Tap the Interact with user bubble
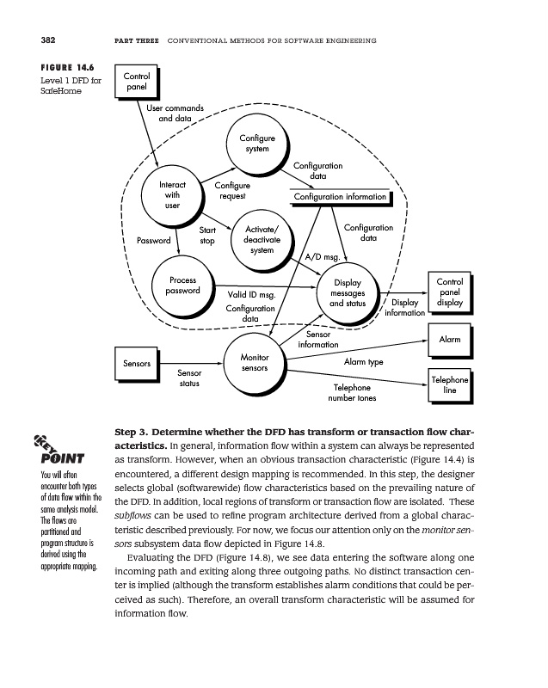click(172, 194)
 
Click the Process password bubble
click(182, 286)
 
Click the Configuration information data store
click(341, 197)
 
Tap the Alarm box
click(450, 340)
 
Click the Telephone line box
click(450, 385)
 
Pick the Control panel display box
click(450, 292)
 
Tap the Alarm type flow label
click(363, 362)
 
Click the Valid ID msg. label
click(250, 296)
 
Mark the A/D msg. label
click(323, 256)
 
